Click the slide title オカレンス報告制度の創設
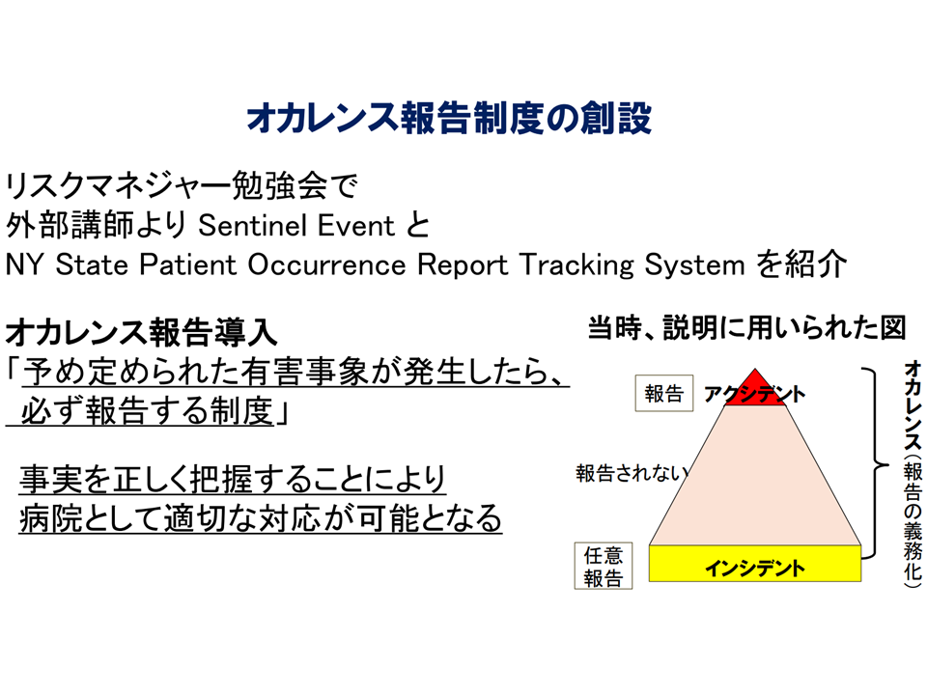coord(449,118)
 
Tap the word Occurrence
coord(327,264)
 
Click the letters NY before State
coord(24,264)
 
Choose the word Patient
coord(188,264)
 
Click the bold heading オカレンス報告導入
coord(141,332)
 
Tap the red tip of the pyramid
coord(755,387)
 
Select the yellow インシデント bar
coord(755,563)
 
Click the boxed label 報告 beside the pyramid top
coord(664,393)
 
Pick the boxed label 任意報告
coord(603,566)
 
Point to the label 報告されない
coord(632,473)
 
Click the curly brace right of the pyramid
coord(875,462)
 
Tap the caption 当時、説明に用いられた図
coord(746,328)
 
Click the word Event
coord(356,225)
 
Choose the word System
coord(694,265)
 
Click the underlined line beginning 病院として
coord(261,517)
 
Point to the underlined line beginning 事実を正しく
coord(233,479)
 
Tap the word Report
coord(463,265)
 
